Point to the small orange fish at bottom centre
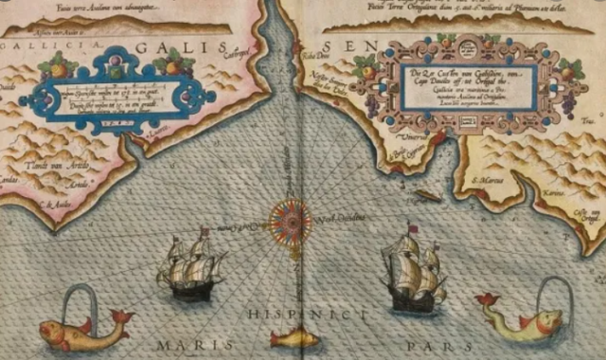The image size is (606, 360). click(294, 337)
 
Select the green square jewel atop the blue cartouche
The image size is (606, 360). click(115, 68)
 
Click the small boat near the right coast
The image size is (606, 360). click(428, 195)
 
